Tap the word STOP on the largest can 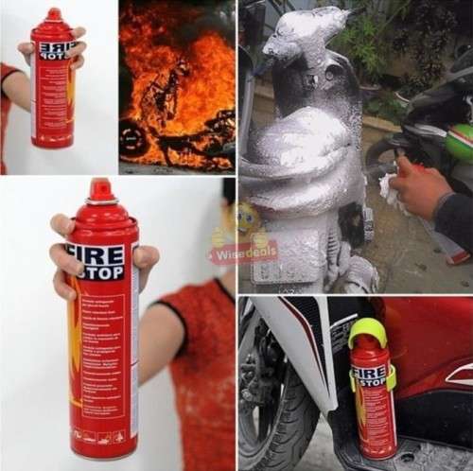click(102, 273)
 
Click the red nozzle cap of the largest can click(101, 190)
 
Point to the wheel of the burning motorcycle click(133, 137)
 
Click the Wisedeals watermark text click(227, 253)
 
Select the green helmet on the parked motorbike click(460, 142)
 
